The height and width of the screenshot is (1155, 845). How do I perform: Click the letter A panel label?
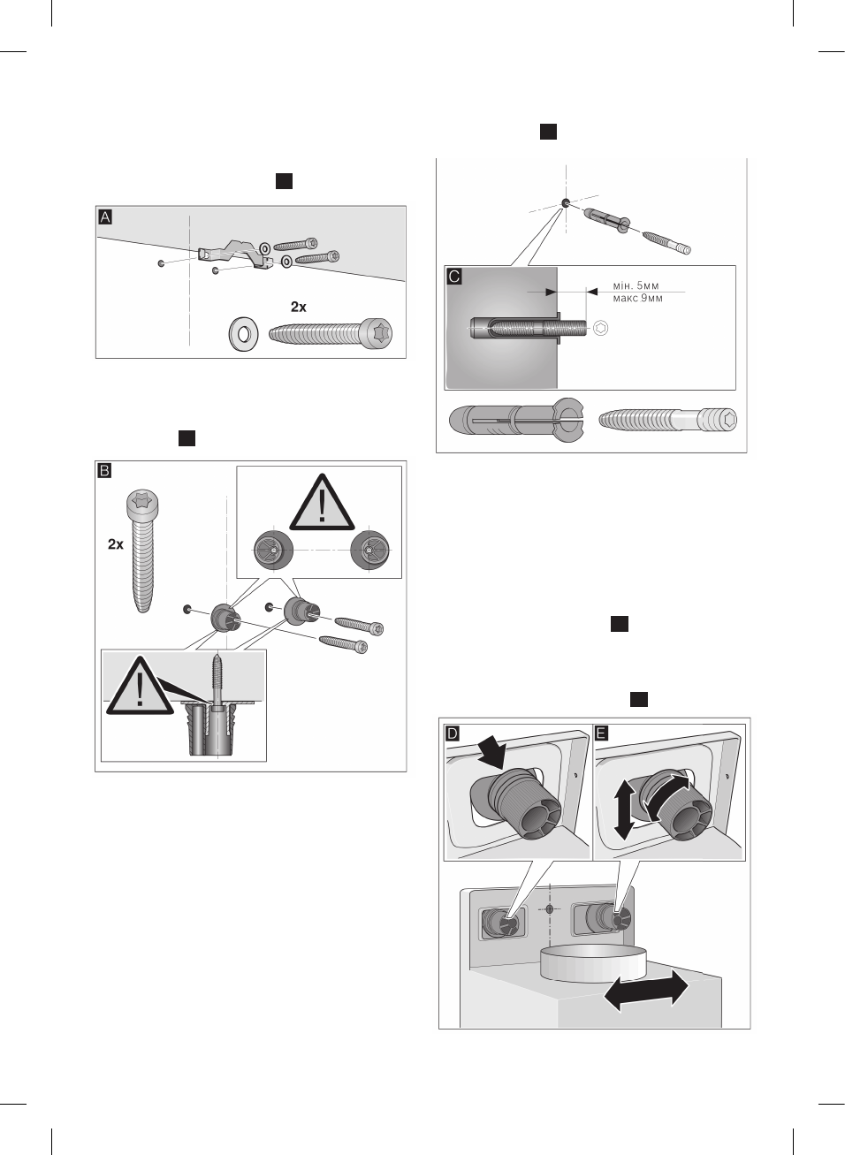point(105,217)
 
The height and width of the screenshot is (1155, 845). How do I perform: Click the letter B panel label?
point(104,470)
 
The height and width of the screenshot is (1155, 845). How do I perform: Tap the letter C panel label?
point(454,276)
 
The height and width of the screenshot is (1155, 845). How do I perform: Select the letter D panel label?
point(453,733)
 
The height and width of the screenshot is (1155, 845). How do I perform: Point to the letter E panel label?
point(601,733)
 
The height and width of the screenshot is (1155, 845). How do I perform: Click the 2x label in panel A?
point(299,307)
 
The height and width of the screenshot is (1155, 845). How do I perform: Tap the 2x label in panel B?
point(116,544)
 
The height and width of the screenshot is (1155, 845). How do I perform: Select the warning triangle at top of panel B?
point(322,504)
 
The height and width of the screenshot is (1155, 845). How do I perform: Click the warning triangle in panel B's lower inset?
point(140,688)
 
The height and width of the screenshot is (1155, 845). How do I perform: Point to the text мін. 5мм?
point(636,286)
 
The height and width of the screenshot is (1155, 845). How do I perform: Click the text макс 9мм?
point(637,299)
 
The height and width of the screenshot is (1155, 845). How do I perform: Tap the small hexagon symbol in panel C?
point(601,328)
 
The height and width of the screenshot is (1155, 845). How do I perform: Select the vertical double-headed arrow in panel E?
point(623,809)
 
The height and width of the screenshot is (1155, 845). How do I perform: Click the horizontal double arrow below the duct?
point(645,991)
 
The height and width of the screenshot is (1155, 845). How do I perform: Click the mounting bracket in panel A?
point(233,254)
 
